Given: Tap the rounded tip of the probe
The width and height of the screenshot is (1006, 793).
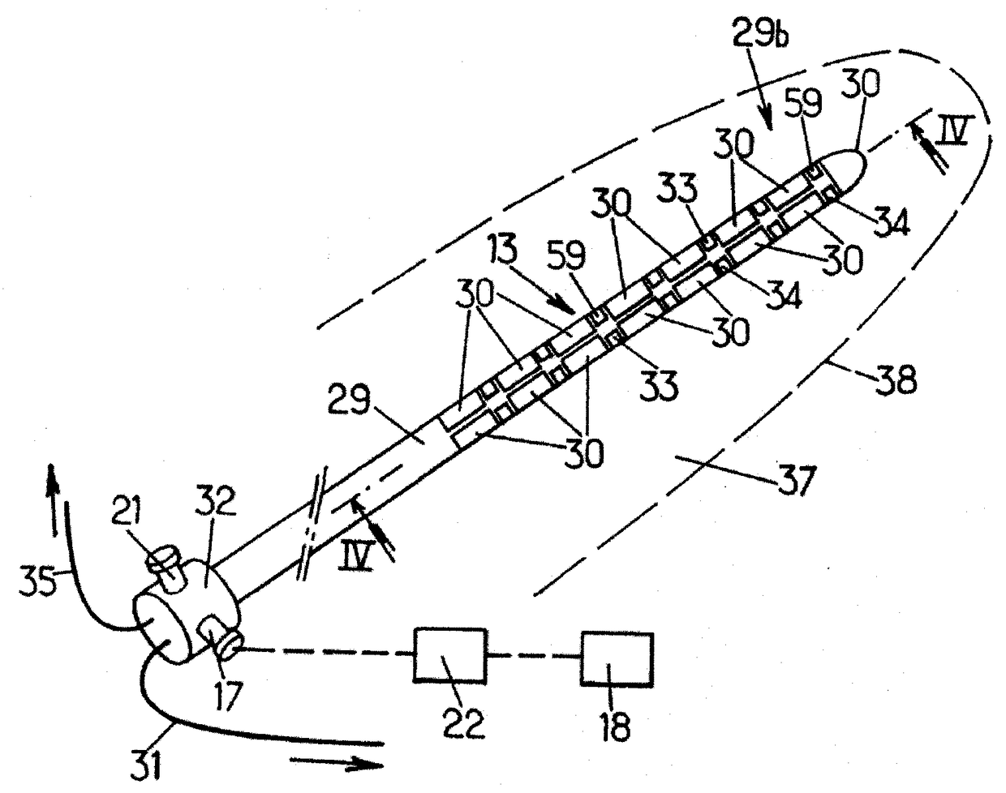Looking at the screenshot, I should click(852, 167).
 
